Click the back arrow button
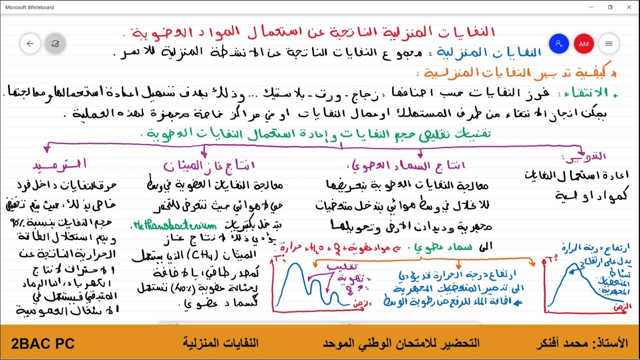point(30,44)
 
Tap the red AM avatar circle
point(583,44)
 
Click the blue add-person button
point(558,44)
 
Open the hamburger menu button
point(608,44)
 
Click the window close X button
point(628,7)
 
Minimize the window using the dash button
point(591,7)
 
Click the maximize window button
point(610,7)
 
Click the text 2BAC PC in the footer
point(43,343)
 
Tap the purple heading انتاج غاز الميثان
point(209,165)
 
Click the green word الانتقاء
point(588,93)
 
